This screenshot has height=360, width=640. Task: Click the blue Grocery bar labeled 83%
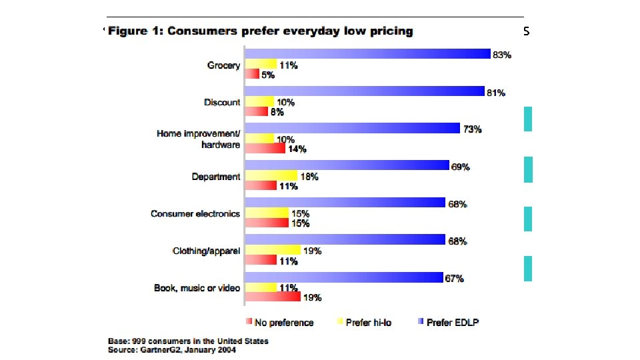click(367, 54)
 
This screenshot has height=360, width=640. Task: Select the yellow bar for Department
click(271, 175)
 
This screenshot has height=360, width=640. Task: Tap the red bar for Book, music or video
click(273, 297)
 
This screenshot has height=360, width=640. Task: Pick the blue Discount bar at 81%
click(364, 91)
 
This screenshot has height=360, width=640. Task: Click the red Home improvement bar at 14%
click(265, 148)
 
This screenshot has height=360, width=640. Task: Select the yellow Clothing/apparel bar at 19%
click(273, 250)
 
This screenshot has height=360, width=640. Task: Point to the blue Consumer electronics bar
click(345, 203)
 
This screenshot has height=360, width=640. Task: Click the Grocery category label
click(224, 65)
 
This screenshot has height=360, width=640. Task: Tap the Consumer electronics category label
click(195, 214)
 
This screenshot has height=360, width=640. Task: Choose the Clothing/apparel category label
click(206, 251)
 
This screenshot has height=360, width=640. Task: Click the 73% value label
click(473, 130)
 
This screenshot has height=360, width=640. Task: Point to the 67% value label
click(454, 279)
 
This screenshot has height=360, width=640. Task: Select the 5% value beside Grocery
click(267, 75)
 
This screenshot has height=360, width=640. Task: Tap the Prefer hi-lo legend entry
click(367, 323)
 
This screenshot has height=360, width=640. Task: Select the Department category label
click(216, 177)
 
